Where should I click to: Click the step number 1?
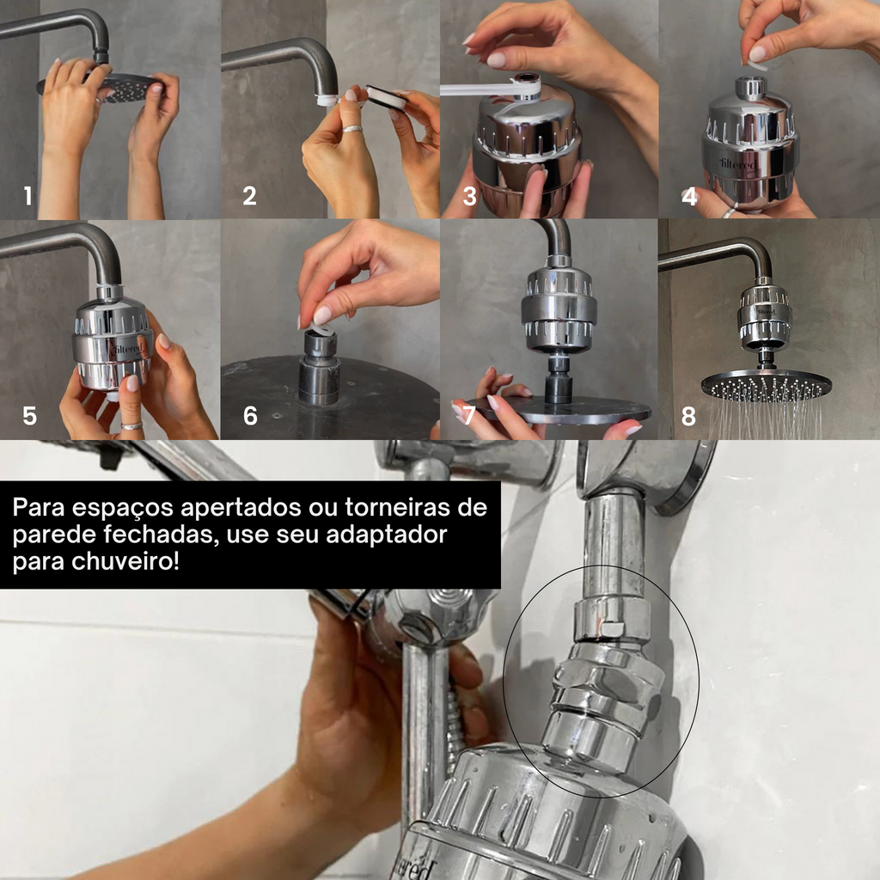tap(28, 197)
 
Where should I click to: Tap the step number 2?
tap(249, 197)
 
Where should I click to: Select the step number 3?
tap(469, 197)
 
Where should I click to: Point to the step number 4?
tap(689, 197)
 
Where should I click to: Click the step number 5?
tap(30, 417)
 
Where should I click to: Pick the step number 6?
tap(250, 417)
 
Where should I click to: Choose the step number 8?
tap(689, 417)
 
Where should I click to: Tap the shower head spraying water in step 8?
tap(766, 384)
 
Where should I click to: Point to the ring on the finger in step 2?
tap(352, 129)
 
